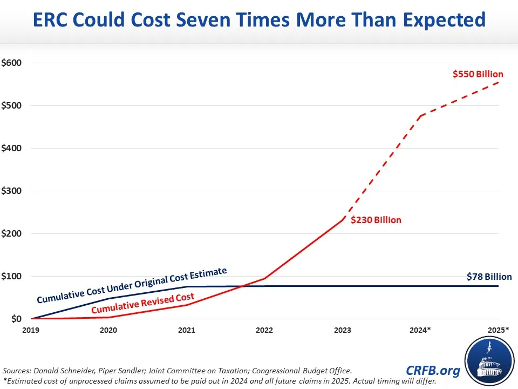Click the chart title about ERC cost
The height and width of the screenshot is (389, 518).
259,20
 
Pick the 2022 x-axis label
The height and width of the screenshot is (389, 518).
264,329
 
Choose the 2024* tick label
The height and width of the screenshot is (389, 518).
419,329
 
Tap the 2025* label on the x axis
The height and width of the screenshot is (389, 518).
498,329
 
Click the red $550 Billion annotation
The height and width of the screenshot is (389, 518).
478,75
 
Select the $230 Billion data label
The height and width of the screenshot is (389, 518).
376,220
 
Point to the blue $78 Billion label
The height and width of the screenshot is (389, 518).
489,277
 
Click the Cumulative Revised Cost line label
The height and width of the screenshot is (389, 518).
142,304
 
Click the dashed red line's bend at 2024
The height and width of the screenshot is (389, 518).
420,116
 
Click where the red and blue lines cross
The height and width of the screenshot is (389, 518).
250,286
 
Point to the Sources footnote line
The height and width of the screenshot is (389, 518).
178,371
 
